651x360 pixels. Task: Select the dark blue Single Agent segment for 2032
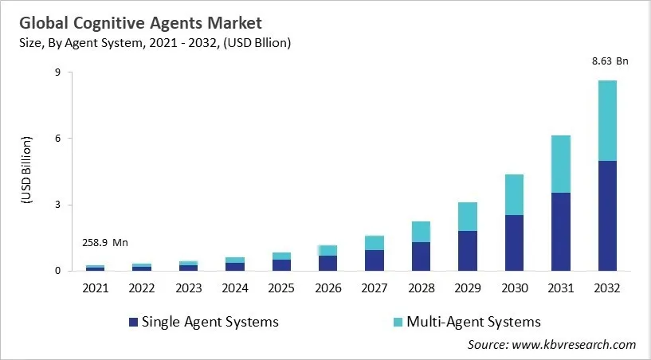[x=606, y=215]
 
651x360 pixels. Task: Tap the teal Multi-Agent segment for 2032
[x=606, y=120]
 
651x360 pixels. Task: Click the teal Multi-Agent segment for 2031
[x=561, y=163]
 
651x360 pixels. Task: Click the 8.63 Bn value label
[x=606, y=61]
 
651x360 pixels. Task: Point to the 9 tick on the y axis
[x=58, y=72]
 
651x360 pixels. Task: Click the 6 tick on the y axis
[x=58, y=139]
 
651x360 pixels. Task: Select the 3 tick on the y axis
[x=58, y=205]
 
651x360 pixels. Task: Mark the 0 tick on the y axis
[x=58, y=272]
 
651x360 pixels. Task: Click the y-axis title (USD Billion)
[x=25, y=171]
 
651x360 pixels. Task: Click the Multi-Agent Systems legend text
[x=473, y=322]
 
